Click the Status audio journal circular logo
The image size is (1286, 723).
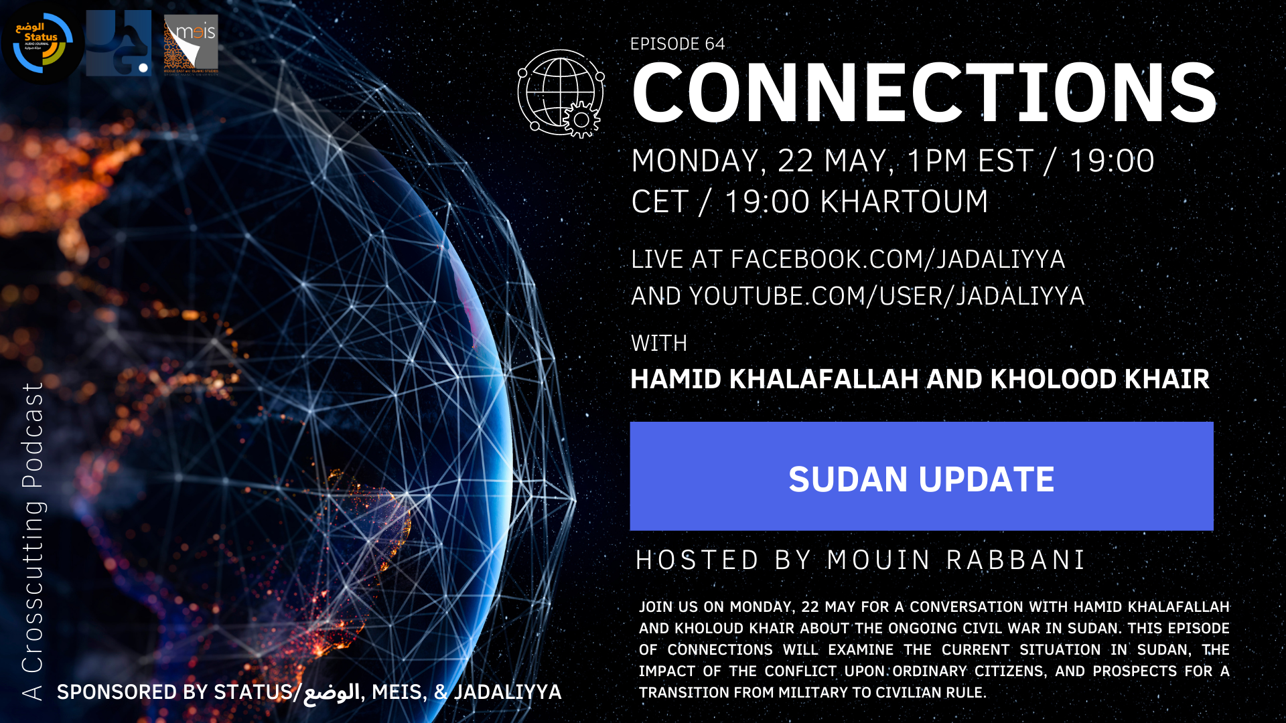click(x=42, y=44)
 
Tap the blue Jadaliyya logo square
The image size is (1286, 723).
click(x=119, y=43)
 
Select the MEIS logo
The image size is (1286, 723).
click(x=191, y=45)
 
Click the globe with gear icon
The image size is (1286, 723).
click(x=561, y=94)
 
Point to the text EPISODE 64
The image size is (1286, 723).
click(x=677, y=44)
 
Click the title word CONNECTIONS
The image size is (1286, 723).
click(x=924, y=93)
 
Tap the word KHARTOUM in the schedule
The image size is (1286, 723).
click(x=904, y=202)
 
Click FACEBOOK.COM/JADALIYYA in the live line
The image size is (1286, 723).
click(x=898, y=259)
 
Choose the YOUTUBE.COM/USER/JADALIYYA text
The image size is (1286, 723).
click(x=887, y=296)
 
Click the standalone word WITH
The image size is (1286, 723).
click(x=659, y=343)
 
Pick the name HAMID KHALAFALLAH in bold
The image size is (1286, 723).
click(x=774, y=379)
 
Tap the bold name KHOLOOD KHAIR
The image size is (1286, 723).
click(x=1100, y=379)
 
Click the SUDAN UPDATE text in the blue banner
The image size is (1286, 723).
click(x=922, y=479)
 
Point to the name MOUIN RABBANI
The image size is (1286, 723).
click(x=956, y=560)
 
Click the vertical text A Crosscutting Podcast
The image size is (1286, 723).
click(x=32, y=541)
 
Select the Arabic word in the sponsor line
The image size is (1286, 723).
click(x=332, y=692)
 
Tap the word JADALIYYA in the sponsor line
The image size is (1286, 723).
click(x=508, y=692)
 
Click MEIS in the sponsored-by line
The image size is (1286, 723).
click(x=397, y=692)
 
